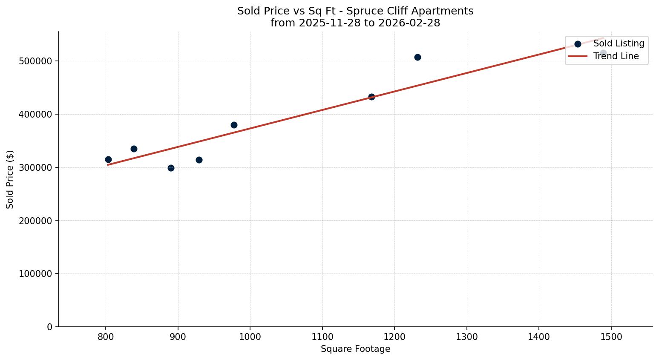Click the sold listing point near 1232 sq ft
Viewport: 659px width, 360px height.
click(x=417, y=57)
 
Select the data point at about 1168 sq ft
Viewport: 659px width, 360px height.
click(x=371, y=97)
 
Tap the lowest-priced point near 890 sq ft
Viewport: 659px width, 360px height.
click(x=171, y=168)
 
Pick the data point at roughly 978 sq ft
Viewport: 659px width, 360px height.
click(x=234, y=125)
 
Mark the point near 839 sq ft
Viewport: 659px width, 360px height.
click(x=134, y=149)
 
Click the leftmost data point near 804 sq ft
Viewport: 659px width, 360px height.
click(x=108, y=159)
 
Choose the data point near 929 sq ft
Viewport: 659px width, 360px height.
click(x=199, y=160)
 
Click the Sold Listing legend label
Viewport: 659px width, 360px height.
click(x=619, y=43)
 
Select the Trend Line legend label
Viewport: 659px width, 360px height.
click(x=616, y=56)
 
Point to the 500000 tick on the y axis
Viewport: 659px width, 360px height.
click(x=36, y=61)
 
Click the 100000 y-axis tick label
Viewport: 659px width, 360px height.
click(x=36, y=274)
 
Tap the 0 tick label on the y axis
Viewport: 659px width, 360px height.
click(x=49, y=327)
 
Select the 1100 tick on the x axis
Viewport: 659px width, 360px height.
click(x=322, y=337)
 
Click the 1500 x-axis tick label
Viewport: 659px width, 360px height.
click(x=611, y=337)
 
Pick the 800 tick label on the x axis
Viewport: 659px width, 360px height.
click(x=106, y=337)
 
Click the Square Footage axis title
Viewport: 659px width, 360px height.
click(x=355, y=349)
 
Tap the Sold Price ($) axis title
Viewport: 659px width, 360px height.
click(x=10, y=179)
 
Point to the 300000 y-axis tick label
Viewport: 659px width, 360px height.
click(x=36, y=167)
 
